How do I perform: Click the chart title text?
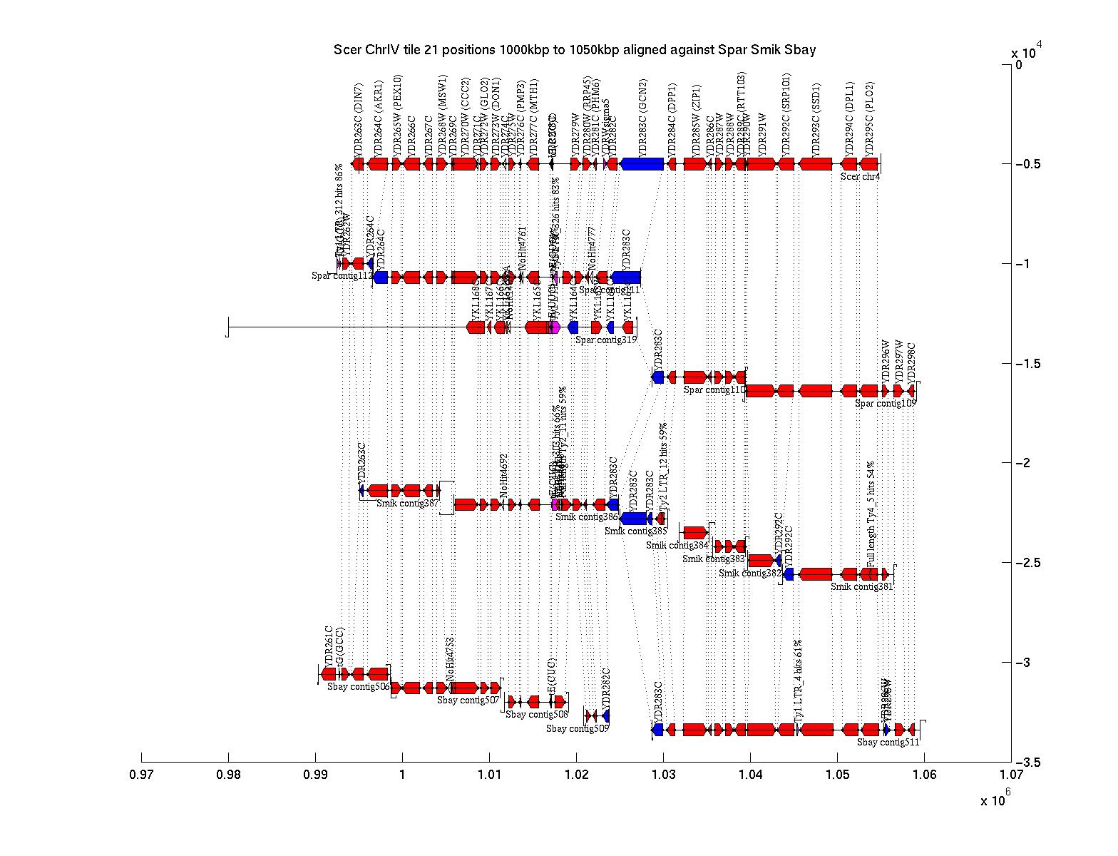click(575, 50)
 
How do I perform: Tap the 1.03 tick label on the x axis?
click(663, 773)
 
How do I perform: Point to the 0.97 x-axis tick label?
click(141, 773)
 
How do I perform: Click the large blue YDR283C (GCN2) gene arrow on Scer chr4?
click(642, 164)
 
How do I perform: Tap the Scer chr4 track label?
click(860, 176)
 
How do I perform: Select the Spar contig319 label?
click(606, 340)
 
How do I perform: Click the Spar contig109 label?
click(885, 404)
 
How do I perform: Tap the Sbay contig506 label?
click(358, 687)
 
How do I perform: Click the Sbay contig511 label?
click(888, 743)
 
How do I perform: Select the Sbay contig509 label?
click(578, 729)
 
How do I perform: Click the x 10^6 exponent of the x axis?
click(995, 800)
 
